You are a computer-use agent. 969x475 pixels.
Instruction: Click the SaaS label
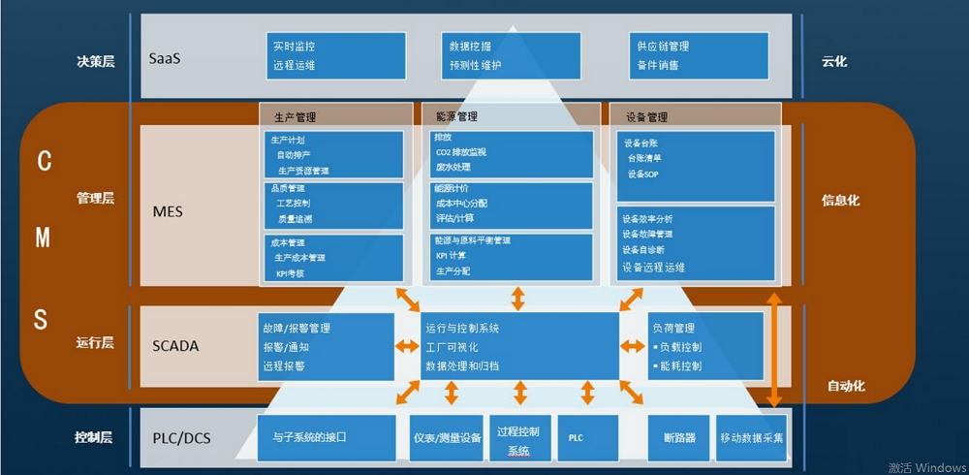pyautogui.click(x=165, y=58)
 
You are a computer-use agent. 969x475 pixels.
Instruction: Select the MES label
pyautogui.click(x=168, y=211)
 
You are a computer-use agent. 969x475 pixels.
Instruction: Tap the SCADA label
pyautogui.click(x=175, y=345)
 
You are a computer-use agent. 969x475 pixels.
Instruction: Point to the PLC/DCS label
pyautogui.click(x=181, y=438)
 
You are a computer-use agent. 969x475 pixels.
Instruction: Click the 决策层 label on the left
pyautogui.click(x=96, y=61)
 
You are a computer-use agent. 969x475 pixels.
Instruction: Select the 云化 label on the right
pyautogui.click(x=834, y=61)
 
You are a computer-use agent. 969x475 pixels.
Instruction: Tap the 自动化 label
pyautogui.click(x=846, y=386)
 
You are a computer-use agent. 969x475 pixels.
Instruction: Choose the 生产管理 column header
pyautogui.click(x=295, y=117)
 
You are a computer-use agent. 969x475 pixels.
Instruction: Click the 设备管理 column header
pyautogui.click(x=646, y=117)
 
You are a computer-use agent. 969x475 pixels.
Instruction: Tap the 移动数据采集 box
pyautogui.click(x=752, y=438)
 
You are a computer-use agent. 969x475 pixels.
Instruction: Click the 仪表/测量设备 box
pyautogui.click(x=446, y=438)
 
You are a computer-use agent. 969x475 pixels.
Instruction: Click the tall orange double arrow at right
pyautogui.click(x=774, y=349)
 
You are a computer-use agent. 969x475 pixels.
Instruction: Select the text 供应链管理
pyautogui.click(x=663, y=46)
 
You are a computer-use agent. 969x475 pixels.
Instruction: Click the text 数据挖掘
pyautogui.click(x=470, y=46)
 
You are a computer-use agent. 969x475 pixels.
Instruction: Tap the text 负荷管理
pyautogui.click(x=673, y=328)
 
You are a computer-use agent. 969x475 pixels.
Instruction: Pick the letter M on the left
pyautogui.click(x=43, y=239)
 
